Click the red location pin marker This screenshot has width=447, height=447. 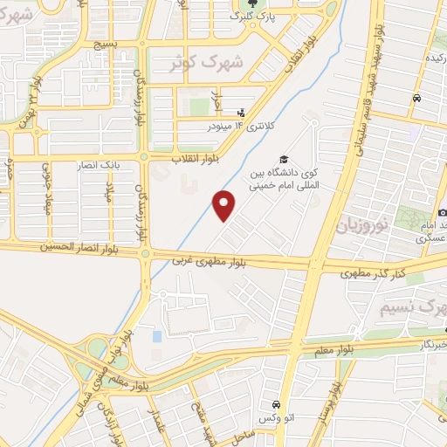[x=225, y=206]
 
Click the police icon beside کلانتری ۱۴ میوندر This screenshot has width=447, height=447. [x=242, y=112]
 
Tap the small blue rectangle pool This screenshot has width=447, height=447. [x=157, y=336]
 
